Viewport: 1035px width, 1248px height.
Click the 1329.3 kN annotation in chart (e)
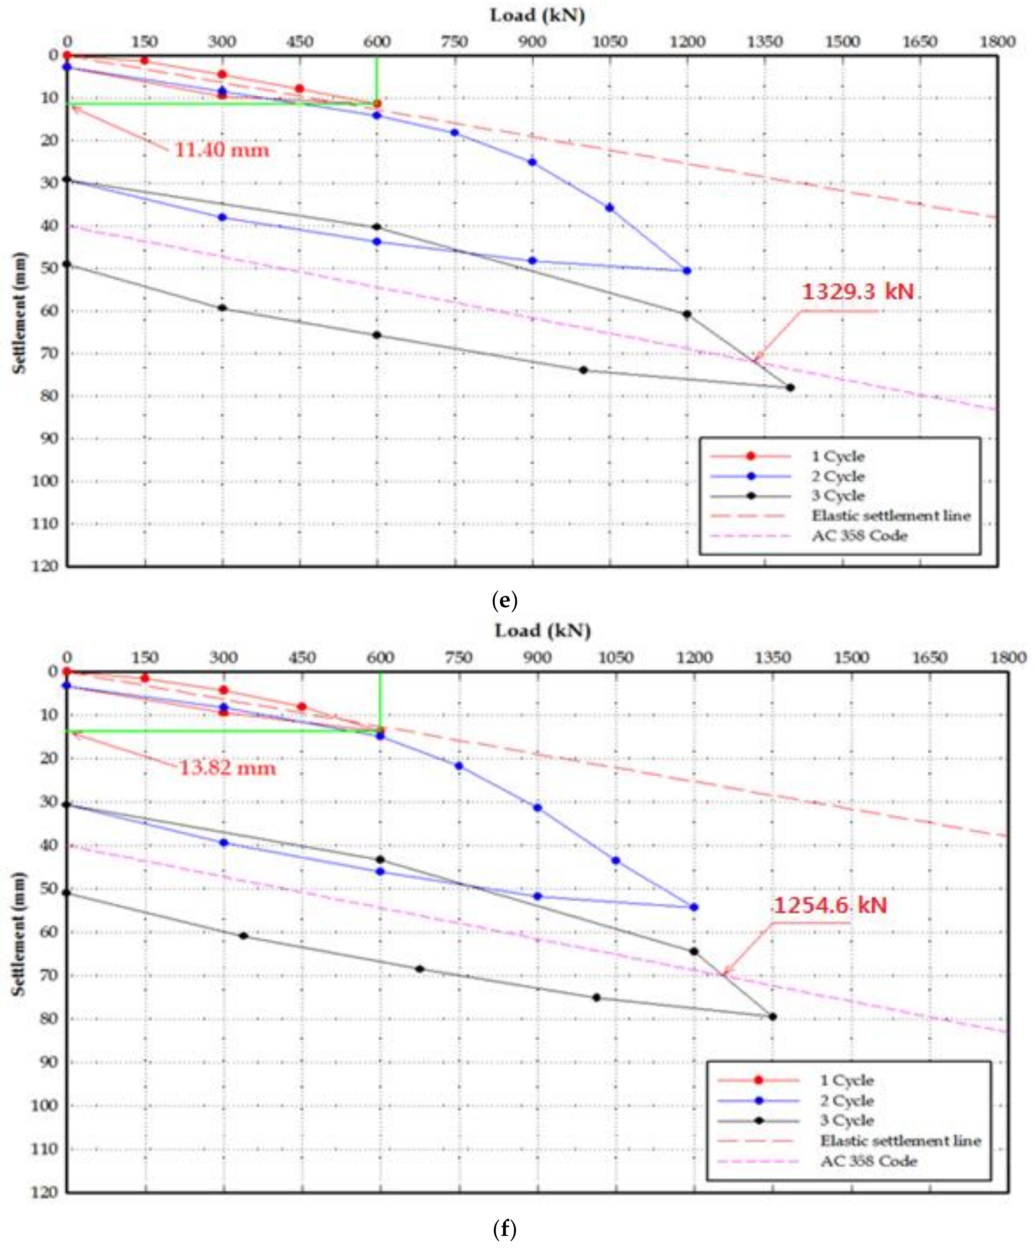857,292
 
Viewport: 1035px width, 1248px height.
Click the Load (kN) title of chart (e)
537,15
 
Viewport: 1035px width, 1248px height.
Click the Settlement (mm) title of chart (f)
19,933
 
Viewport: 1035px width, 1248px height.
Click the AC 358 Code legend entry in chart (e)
859,535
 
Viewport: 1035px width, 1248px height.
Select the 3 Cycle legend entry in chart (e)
838,496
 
